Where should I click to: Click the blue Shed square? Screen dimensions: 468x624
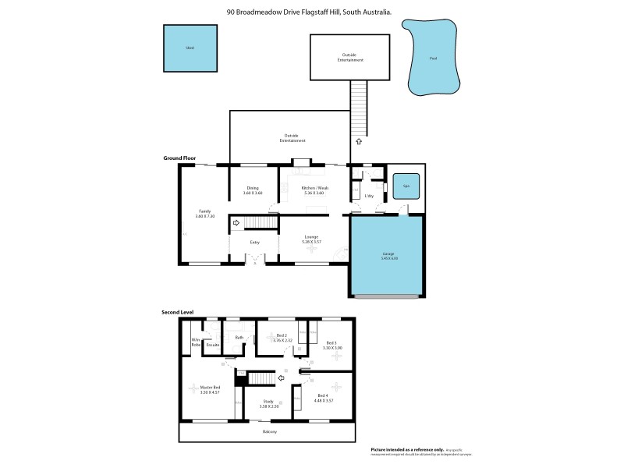[190, 48]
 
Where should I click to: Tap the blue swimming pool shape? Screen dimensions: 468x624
[433, 58]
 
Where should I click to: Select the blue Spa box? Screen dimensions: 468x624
[406, 186]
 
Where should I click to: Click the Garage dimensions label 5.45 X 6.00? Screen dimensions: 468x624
[388, 258]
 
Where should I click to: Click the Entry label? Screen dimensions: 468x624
[254, 243]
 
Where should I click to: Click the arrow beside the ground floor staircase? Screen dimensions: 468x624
[236, 224]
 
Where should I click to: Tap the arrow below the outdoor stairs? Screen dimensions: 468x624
[358, 142]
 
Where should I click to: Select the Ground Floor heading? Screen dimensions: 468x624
[178, 158]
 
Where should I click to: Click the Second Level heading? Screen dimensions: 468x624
[177, 312]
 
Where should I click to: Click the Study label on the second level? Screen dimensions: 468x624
[268, 402]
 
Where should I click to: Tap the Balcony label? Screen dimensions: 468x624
[269, 431]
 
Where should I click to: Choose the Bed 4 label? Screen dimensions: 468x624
[324, 398]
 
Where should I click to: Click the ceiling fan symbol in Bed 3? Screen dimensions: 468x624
[336, 355]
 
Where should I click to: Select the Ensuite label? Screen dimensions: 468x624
[213, 344]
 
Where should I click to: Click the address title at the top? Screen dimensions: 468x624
[309, 12]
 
